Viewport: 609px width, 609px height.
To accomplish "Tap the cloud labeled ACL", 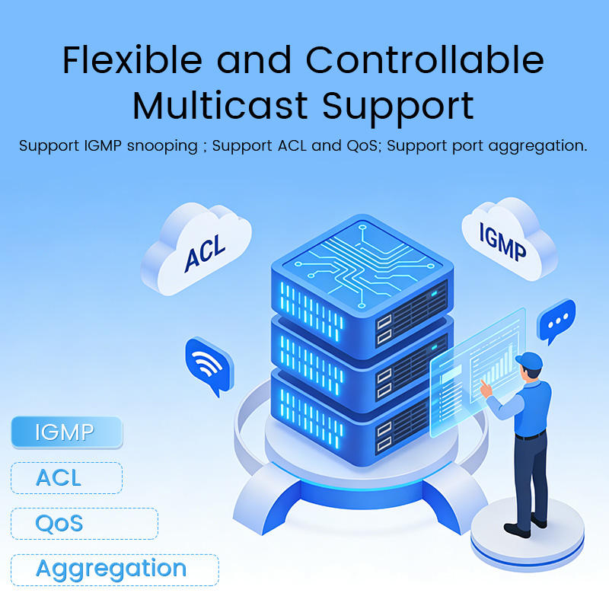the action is pos(196,248).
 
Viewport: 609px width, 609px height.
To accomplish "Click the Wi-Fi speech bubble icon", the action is pos(206,365).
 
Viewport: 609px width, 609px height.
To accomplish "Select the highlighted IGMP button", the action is pos(66,432).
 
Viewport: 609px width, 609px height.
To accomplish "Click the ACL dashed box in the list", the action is pos(66,478).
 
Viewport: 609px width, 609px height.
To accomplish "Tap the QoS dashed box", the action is pos(84,524).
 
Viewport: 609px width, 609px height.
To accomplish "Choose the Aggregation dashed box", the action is pos(114,569).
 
